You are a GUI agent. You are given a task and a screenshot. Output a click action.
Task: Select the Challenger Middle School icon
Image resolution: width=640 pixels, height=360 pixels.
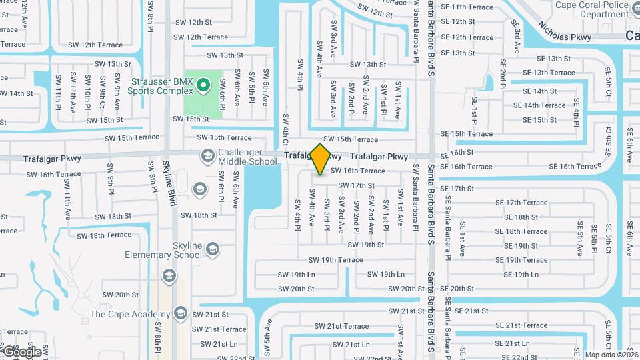[x=207, y=156]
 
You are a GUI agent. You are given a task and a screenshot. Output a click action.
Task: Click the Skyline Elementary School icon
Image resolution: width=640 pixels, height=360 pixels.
[x=213, y=250]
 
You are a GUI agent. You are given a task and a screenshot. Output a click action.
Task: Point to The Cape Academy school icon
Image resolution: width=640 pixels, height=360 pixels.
[x=180, y=313]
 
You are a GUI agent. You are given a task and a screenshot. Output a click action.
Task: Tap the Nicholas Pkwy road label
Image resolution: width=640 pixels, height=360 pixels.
[x=565, y=32]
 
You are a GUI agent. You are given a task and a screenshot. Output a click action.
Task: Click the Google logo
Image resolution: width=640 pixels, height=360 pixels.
[x=21, y=351]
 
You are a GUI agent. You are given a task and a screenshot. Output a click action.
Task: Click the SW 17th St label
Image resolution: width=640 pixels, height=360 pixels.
[x=356, y=185]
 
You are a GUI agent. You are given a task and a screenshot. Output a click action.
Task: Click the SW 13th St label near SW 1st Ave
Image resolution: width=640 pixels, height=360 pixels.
[x=365, y=65]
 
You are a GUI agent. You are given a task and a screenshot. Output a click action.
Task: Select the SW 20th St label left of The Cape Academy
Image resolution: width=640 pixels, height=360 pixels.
[x=120, y=295]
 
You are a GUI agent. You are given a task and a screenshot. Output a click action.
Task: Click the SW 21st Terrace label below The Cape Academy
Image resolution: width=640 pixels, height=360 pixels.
[x=225, y=329]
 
